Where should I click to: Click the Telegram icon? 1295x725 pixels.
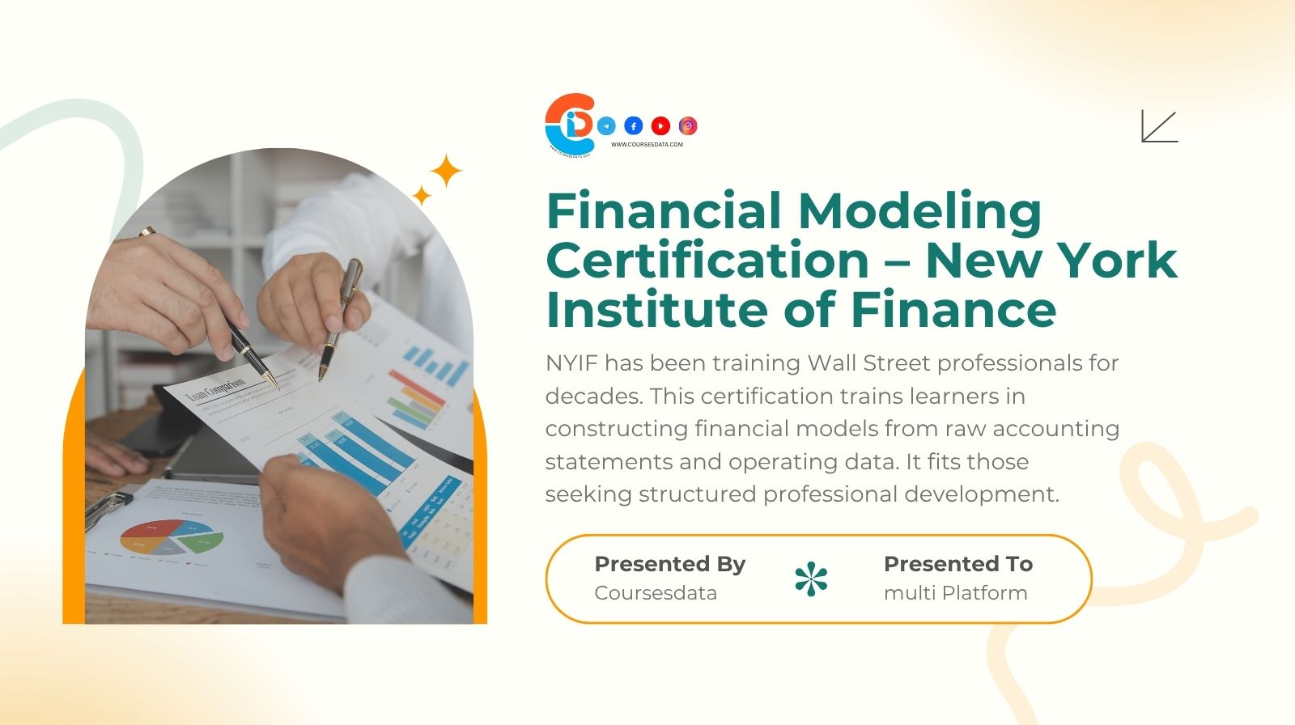(606, 126)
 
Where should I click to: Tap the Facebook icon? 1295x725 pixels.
(634, 126)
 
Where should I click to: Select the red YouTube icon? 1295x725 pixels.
(660, 126)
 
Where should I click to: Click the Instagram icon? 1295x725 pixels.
(688, 126)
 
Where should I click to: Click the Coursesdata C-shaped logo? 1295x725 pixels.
(570, 124)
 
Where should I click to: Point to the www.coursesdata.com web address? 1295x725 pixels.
(647, 145)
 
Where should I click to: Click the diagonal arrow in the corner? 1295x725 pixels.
(1159, 126)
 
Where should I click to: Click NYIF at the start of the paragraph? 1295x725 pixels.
(571, 363)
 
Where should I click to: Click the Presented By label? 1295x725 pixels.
(670, 564)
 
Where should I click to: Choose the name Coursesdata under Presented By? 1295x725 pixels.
(656, 593)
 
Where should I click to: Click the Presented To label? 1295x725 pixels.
(958, 564)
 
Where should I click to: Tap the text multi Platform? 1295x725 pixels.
(955, 593)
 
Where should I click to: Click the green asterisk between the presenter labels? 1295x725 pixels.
(811, 579)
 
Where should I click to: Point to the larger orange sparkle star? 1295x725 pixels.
(445, 172)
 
